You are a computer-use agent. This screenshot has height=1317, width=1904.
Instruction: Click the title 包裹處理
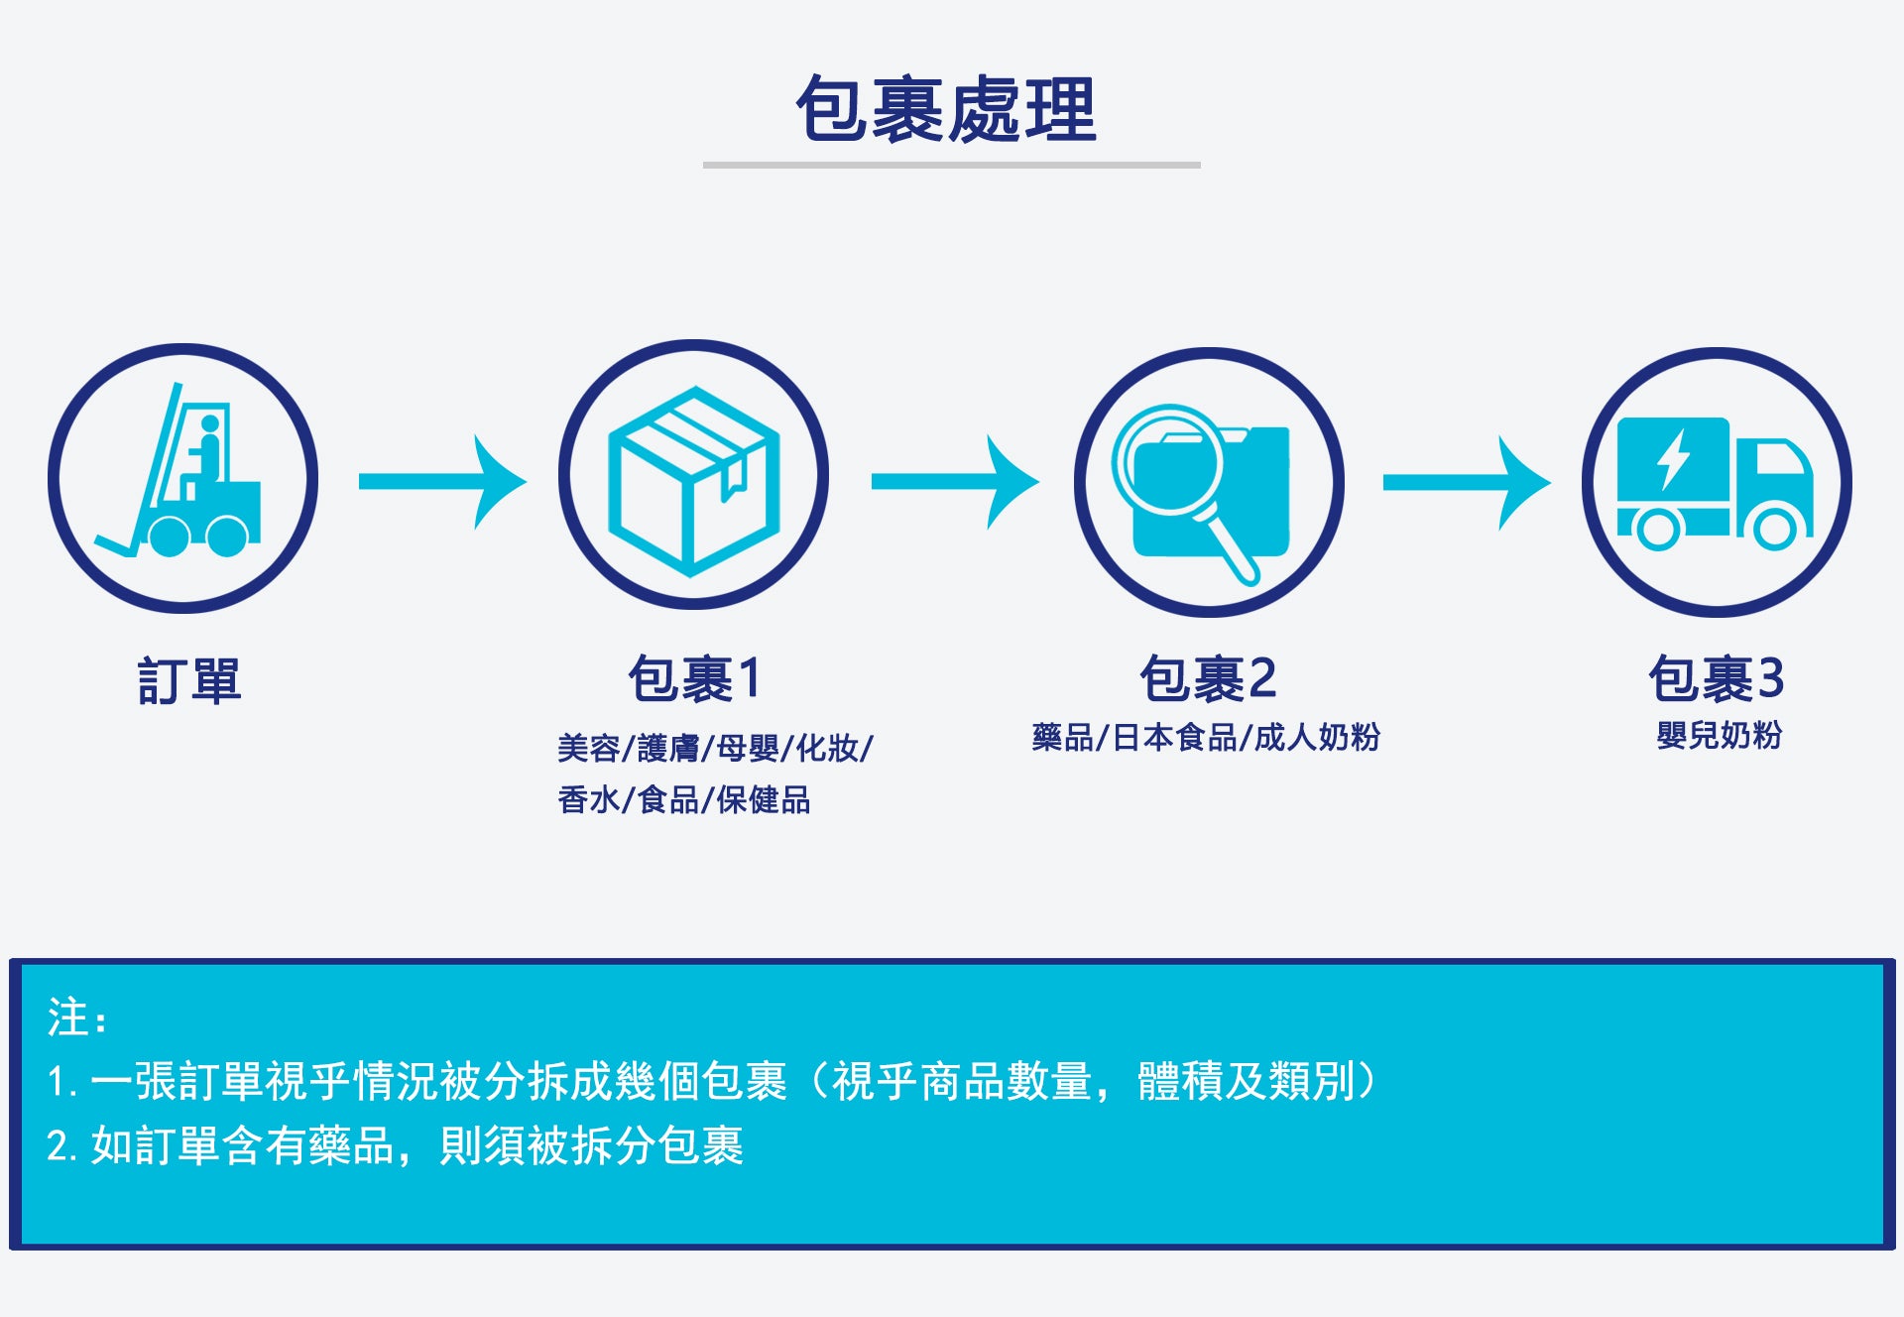[947, 108]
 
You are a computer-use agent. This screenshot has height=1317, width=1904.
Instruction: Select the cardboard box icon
[693, 481]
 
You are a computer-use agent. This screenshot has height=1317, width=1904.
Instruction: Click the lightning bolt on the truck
[1674, 459]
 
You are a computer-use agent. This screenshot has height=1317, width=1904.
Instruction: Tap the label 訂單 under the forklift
[189, 681]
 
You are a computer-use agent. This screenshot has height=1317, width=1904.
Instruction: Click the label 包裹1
[694, 679]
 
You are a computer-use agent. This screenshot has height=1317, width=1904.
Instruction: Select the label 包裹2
[1208, 679]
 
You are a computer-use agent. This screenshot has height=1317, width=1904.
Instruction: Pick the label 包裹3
[1717, 679]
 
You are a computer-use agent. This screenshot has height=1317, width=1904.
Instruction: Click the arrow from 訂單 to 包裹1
[442, 482]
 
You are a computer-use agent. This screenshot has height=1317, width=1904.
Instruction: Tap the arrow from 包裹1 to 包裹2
[955, 482]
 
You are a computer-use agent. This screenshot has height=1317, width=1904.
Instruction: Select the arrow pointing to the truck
[1467, 483]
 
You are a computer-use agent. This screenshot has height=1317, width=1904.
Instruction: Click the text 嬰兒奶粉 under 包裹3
[1720, 736]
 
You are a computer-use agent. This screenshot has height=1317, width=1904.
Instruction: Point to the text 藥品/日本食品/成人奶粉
[1206, 738]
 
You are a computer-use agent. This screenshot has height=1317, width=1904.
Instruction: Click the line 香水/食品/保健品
[684, 799]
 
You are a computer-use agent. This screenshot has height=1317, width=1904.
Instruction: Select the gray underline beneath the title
[952, 165]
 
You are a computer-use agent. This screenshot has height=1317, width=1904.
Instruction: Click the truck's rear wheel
[1657, 530]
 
